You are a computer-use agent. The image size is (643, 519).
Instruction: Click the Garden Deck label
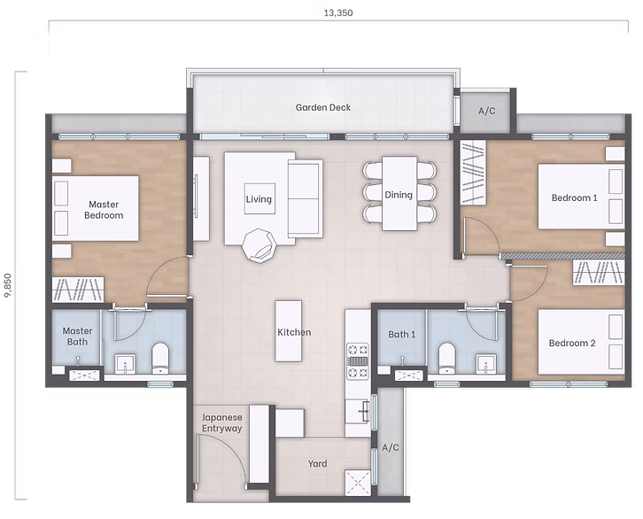coord(323,108)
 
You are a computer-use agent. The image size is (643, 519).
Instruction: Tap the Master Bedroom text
coord(104,210)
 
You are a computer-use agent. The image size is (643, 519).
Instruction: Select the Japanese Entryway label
coord(221,422)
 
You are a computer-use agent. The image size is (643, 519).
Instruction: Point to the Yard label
coord(317,463)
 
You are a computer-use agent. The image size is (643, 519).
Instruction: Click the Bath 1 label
coord(401,334)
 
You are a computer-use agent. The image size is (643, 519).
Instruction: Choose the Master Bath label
coord(77,337)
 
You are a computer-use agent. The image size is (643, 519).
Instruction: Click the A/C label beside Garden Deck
coord(486,112)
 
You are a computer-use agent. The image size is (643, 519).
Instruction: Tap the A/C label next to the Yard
coord(391,448)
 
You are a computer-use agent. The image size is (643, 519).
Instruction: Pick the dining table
coord(399,193)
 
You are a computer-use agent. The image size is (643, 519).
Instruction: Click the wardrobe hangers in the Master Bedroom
coord(80,288)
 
